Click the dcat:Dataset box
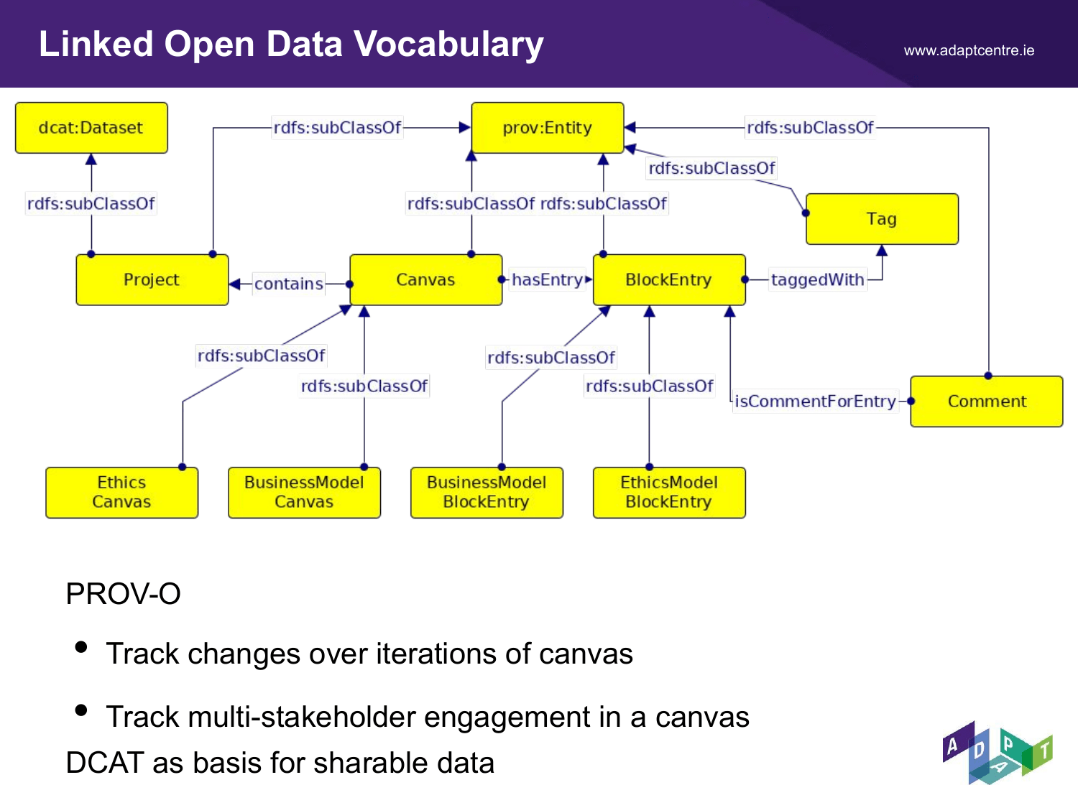pyautogui.click(x=91, y=128)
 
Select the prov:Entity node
pyautogui.click(x=548, y=128)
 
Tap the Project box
pyautogui.click(x=152, y=279)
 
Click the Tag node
pyautogui.click(x=882, y=219)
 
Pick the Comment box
pyautogui.click(x=987, y=401)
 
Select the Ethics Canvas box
pyautogui.click(x=121, y=493)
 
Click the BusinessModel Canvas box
pyautogui.click(x=305, y=493)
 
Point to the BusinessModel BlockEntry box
pyautogui.click(x=487, y=493)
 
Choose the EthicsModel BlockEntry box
pyautogui.click(x=669, y=493)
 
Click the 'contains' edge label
pyautogui.click(x=289, y=284)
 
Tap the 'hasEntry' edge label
pyautogui.click(x=547, y=279)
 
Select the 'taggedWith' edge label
pyautogui.click(x=818, y=279)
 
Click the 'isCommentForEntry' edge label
pyautogui.click(x=815, y=401)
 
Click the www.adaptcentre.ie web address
pyautogui.click(x=969, y=50)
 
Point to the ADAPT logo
pyautogui.click(x=998, y=753)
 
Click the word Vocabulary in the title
pyautogui.click(x=449, y=45)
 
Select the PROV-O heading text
pyautogui.click(x=124, y=594)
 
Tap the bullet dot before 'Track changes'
pyautogui.click(x=81, y=647)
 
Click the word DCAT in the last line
pyautogui.click(x=105, y=763)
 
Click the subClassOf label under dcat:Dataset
pyautogui.click(x=91, y=203)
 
